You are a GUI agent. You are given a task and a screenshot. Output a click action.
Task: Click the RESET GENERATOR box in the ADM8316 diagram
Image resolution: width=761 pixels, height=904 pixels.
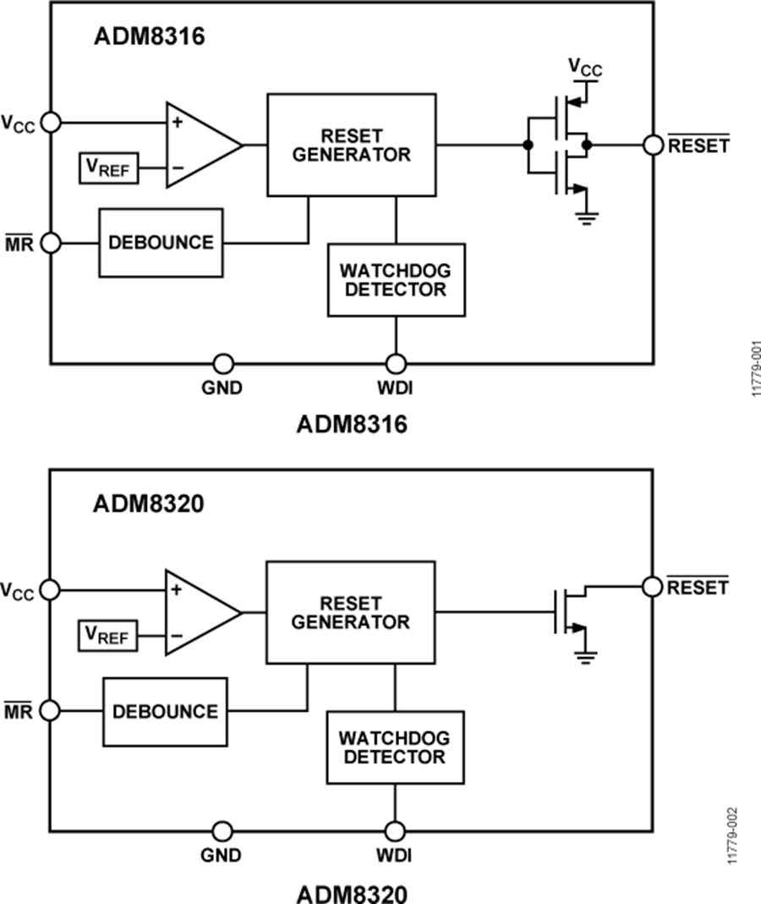pos(352,145)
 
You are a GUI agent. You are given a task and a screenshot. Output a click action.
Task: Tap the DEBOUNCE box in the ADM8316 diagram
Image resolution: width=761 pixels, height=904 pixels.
pos(161,243)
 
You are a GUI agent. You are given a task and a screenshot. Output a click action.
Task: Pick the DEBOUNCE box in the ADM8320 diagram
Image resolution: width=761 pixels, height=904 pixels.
pos(165,711)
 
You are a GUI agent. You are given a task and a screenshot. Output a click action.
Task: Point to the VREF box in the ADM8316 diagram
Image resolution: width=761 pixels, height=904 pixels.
pos(108,167)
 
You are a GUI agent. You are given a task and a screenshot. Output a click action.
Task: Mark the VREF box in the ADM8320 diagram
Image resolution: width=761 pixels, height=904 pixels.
pos(107,635)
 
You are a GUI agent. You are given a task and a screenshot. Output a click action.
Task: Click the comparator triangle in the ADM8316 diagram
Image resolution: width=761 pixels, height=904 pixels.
pos(199,145)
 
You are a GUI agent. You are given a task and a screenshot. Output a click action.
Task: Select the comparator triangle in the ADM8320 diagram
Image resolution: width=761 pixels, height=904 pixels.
pos(198,612)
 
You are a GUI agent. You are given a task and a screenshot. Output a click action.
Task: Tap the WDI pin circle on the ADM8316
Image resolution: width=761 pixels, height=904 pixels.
pos(395,364)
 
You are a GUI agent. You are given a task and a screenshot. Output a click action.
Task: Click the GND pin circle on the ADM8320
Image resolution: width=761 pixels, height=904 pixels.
pos(222,831)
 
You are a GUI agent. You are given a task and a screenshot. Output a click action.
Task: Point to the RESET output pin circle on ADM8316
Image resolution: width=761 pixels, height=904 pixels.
pos(653,145)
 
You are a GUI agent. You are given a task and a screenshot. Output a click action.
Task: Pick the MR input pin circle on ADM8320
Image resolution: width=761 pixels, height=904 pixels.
pos(50,711)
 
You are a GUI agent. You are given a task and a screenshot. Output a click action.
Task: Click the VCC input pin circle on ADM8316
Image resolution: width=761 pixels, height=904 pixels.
pos(50,122)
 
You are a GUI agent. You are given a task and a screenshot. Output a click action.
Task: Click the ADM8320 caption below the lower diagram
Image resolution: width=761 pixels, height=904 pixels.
pos(351,892)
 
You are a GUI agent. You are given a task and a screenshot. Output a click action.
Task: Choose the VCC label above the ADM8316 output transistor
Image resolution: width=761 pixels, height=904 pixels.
pos(584,68)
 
